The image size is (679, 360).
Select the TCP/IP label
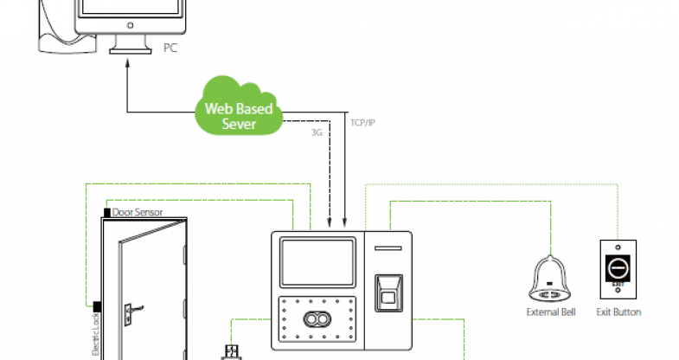point(362,122)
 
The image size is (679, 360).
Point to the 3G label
point(317,132)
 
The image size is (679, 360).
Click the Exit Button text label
point(618,312)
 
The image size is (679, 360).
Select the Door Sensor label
point(138,212)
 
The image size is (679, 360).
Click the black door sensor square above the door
point(106,212)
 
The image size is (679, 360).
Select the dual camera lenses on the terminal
point(316,318)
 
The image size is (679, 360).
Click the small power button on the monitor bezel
point(129,26)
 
